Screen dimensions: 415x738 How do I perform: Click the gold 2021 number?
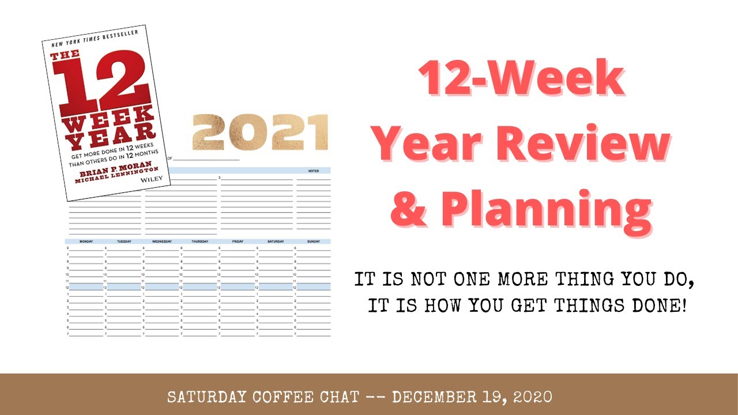click(260, 133)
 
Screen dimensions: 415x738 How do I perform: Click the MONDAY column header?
click(86, 242)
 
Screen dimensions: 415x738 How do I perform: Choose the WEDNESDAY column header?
click(162, 242)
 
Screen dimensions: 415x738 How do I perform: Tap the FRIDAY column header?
click(238, 242)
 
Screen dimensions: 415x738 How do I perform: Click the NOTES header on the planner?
click(314, 171)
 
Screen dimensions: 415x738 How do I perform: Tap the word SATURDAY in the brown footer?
click(205, 397)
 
